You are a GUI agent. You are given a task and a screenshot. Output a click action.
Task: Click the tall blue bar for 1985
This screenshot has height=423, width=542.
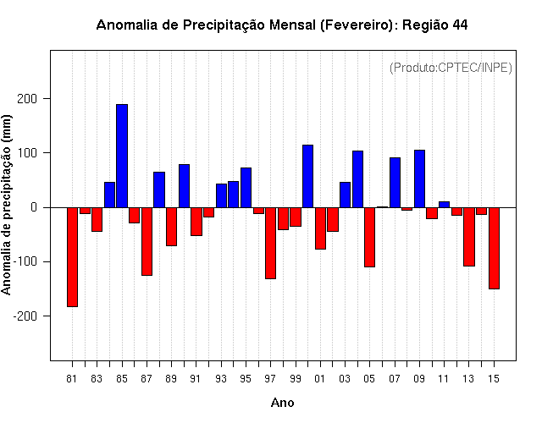click(122, 156)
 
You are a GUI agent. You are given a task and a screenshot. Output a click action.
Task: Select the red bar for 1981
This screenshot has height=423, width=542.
click(72, 257)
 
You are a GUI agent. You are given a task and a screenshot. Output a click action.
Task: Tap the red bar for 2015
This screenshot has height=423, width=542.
click(494, 248)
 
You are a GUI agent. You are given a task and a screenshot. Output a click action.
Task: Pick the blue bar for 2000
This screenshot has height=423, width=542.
click(307, 176)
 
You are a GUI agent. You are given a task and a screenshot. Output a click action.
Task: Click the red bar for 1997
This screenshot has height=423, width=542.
click(270, 243)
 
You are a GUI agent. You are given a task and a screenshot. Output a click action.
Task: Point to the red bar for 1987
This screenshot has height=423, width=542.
click(147, 241)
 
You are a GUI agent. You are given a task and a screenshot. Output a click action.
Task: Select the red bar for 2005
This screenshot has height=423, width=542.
click(369, 237)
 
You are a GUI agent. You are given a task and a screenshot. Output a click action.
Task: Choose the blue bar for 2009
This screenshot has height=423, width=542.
click(419, 179)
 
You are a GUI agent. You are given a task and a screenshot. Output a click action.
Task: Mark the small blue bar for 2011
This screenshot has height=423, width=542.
click(444, 205)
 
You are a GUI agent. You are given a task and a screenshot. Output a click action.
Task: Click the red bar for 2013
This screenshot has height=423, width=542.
click(469, 237)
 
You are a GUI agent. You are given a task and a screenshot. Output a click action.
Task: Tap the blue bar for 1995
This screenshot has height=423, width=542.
click(246, 188)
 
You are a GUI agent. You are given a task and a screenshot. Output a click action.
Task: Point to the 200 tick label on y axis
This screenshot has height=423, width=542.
click(27, 99)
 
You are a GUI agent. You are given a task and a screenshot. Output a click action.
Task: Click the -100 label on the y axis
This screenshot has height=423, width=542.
click(25, 261)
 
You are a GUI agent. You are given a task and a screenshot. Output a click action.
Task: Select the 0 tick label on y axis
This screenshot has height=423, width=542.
click(34, 207)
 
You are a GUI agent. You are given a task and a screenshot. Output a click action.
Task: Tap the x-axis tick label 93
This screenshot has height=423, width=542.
click(221, 379)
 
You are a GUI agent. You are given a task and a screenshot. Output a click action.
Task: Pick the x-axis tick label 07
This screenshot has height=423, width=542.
click(395, 379)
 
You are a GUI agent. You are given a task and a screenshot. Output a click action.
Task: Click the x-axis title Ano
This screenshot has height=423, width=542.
click(282, 403)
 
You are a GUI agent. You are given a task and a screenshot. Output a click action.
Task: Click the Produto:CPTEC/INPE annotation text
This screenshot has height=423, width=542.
click(451, 68)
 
